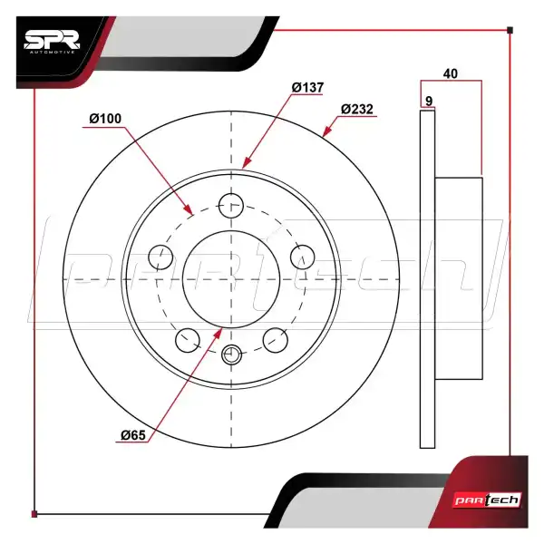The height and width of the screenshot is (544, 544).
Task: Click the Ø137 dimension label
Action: [x=307, y=87]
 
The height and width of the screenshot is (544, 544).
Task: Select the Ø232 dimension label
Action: [x=357, y=109]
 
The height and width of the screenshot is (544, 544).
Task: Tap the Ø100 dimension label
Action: [x=106, y=119]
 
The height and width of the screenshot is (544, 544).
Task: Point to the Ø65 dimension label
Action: [x=133, y=435]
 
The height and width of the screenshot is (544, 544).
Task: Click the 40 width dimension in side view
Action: [x=451, y=73]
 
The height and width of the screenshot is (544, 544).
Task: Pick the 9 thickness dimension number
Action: [x=427, y=101]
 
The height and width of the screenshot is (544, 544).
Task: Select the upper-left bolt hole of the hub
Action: [x=162, y=257]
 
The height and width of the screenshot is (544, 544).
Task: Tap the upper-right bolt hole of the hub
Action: [x=302, y=257]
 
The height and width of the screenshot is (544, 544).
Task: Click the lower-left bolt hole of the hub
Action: [x=188, y=339]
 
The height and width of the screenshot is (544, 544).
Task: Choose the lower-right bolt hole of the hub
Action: [x=276, y=339]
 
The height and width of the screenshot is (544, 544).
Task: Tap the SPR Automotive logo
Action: [x=53, y=44]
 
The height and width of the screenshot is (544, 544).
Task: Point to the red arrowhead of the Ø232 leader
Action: [x=325, y=134]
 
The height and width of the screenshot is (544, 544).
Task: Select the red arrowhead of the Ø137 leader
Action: [x=246, y=166]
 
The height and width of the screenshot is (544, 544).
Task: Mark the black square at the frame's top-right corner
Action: [x=510, y=31]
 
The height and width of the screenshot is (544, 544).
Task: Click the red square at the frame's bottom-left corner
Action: [x=34, y=514]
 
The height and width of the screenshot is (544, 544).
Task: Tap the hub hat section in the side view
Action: [x=460, y=279]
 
